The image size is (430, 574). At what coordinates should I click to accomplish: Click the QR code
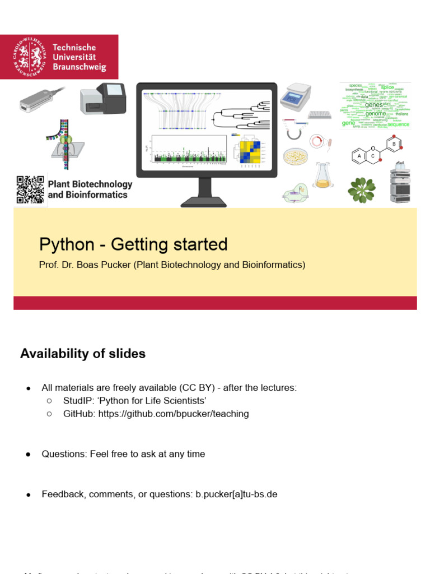(x=30, y=189)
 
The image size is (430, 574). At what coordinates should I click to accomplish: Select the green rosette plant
(x=361, y=189)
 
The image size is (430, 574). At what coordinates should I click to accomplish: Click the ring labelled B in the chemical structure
(x=394, y=145)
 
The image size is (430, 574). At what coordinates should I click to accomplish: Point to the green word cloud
(x=375, y=106)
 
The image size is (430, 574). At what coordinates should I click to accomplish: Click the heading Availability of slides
(x=83, y=354)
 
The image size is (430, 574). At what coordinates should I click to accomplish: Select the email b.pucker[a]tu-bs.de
(x=236, y=494)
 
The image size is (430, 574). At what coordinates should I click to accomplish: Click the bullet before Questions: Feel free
(x=27, y=454)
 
